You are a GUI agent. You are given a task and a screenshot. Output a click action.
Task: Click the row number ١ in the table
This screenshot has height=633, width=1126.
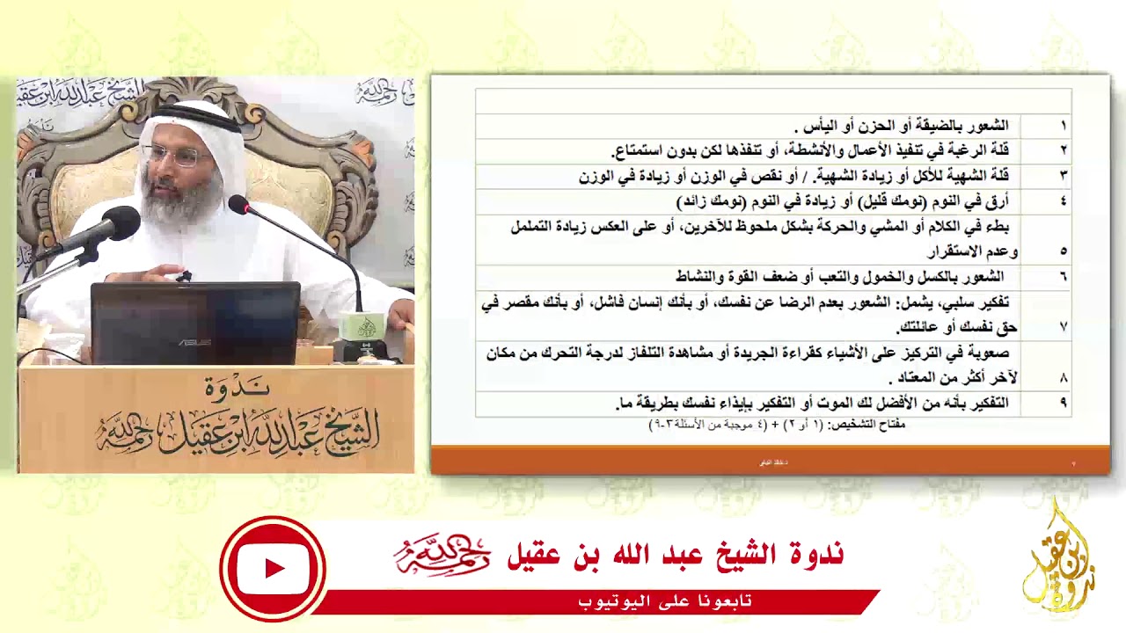coord(1063,126)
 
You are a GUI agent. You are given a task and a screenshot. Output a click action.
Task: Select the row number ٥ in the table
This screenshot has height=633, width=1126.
coord(1063,251)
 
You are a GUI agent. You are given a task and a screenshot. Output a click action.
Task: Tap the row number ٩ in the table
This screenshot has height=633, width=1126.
coord(1063,403)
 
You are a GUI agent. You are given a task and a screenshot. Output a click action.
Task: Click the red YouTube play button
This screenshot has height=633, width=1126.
coord(273,569)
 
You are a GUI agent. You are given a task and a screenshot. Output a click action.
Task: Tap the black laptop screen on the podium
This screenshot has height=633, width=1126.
coord(195,322)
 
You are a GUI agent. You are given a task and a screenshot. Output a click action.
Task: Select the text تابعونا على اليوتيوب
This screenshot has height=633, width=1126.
coord(665,601)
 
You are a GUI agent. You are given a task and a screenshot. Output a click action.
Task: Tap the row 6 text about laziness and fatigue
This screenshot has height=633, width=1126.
coord(839,277)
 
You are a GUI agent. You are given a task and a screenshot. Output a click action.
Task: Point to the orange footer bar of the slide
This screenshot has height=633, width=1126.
coord(770,462)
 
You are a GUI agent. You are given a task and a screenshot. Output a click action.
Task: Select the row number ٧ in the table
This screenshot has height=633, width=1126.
coord(1063,327)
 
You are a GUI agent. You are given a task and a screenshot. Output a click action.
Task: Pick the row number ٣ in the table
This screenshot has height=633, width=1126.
coord(1063,176)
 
